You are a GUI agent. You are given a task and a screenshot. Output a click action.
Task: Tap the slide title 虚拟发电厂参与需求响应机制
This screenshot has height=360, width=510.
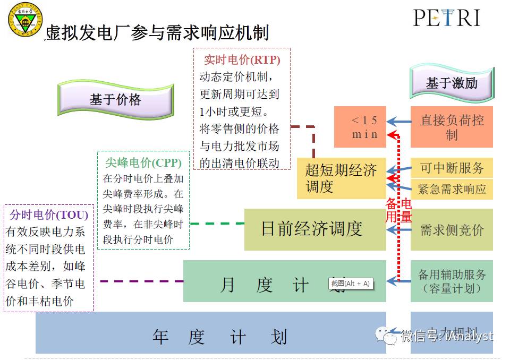click(157, 33)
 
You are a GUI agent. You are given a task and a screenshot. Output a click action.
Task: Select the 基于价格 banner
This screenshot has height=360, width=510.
click(115, 99)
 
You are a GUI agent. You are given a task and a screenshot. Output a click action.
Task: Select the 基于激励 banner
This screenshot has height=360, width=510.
click(452, 83)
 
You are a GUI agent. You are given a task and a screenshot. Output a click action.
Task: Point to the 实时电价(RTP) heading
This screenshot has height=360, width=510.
click(242, 59)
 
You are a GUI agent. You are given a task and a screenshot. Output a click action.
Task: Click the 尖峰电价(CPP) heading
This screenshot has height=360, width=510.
click(143, 162)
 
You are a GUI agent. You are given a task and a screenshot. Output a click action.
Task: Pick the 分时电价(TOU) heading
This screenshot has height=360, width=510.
click(49, 215)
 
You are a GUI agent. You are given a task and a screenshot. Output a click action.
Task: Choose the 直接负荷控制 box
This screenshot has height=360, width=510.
click(452, 127)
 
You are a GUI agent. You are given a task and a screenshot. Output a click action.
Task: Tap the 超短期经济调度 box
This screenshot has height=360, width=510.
click(341, 178)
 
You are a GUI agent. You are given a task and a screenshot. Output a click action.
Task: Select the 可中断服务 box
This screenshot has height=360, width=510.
click(452, 168)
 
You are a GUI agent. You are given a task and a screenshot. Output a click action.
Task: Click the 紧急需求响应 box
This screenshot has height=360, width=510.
click(452, 189)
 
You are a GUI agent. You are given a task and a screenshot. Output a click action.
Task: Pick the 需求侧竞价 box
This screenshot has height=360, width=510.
click(452, 229)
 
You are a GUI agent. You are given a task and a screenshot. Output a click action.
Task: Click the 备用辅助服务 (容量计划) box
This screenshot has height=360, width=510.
click(452, 281)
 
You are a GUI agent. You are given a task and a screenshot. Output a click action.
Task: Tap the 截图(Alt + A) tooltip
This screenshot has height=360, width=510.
click(350, 284)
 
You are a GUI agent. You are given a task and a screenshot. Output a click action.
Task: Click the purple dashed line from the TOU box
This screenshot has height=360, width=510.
click(141, 281)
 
